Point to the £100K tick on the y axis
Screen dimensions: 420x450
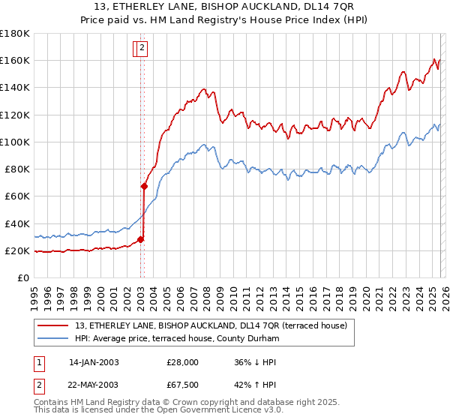(x=15, y=142)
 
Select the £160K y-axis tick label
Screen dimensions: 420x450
(x=15, y=60)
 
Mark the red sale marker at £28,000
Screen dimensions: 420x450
(x=140, y=240)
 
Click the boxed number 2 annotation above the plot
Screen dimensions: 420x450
(x=142, y=49)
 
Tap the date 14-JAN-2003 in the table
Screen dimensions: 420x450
(x=94, y=362)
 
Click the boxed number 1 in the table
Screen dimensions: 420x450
(x=40, y=362)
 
